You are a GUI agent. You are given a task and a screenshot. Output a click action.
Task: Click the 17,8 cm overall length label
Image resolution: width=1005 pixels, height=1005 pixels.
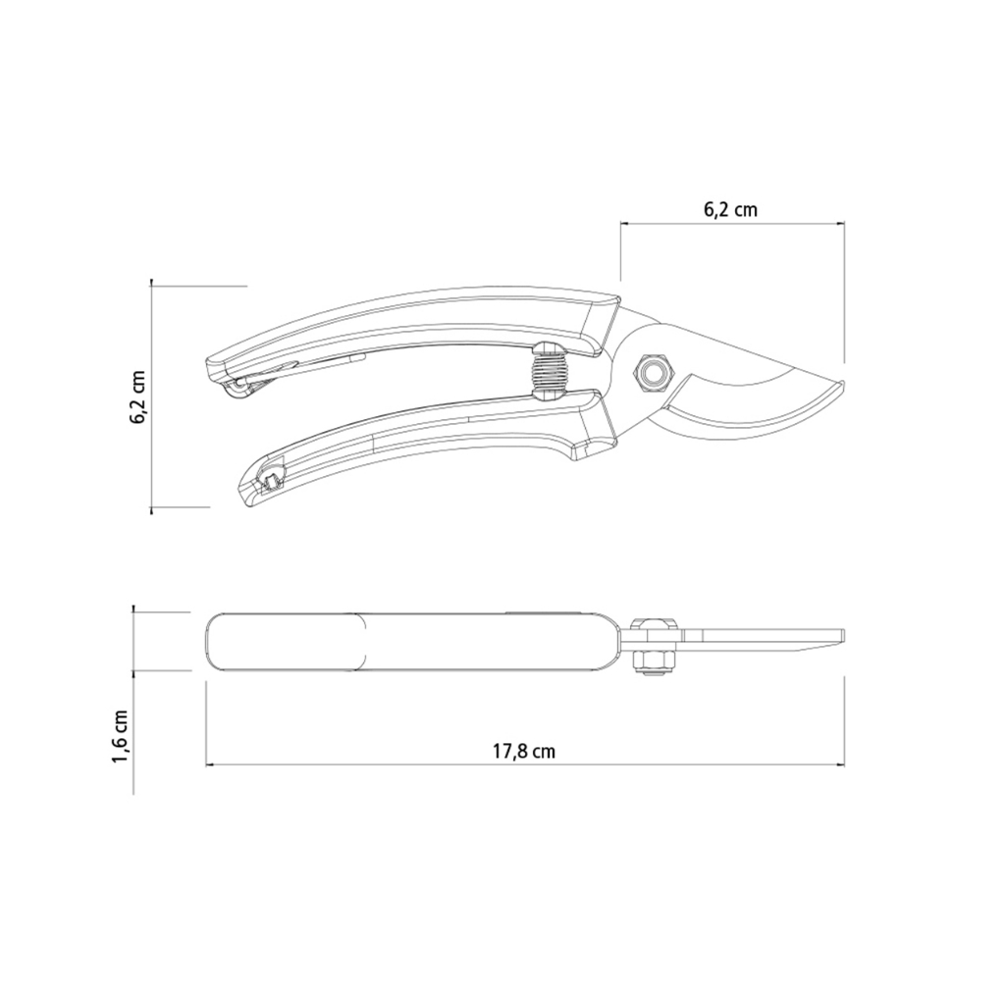tap(524, 751)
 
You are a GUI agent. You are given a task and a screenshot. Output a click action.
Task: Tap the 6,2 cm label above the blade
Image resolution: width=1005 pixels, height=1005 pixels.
tap(730, 209)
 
